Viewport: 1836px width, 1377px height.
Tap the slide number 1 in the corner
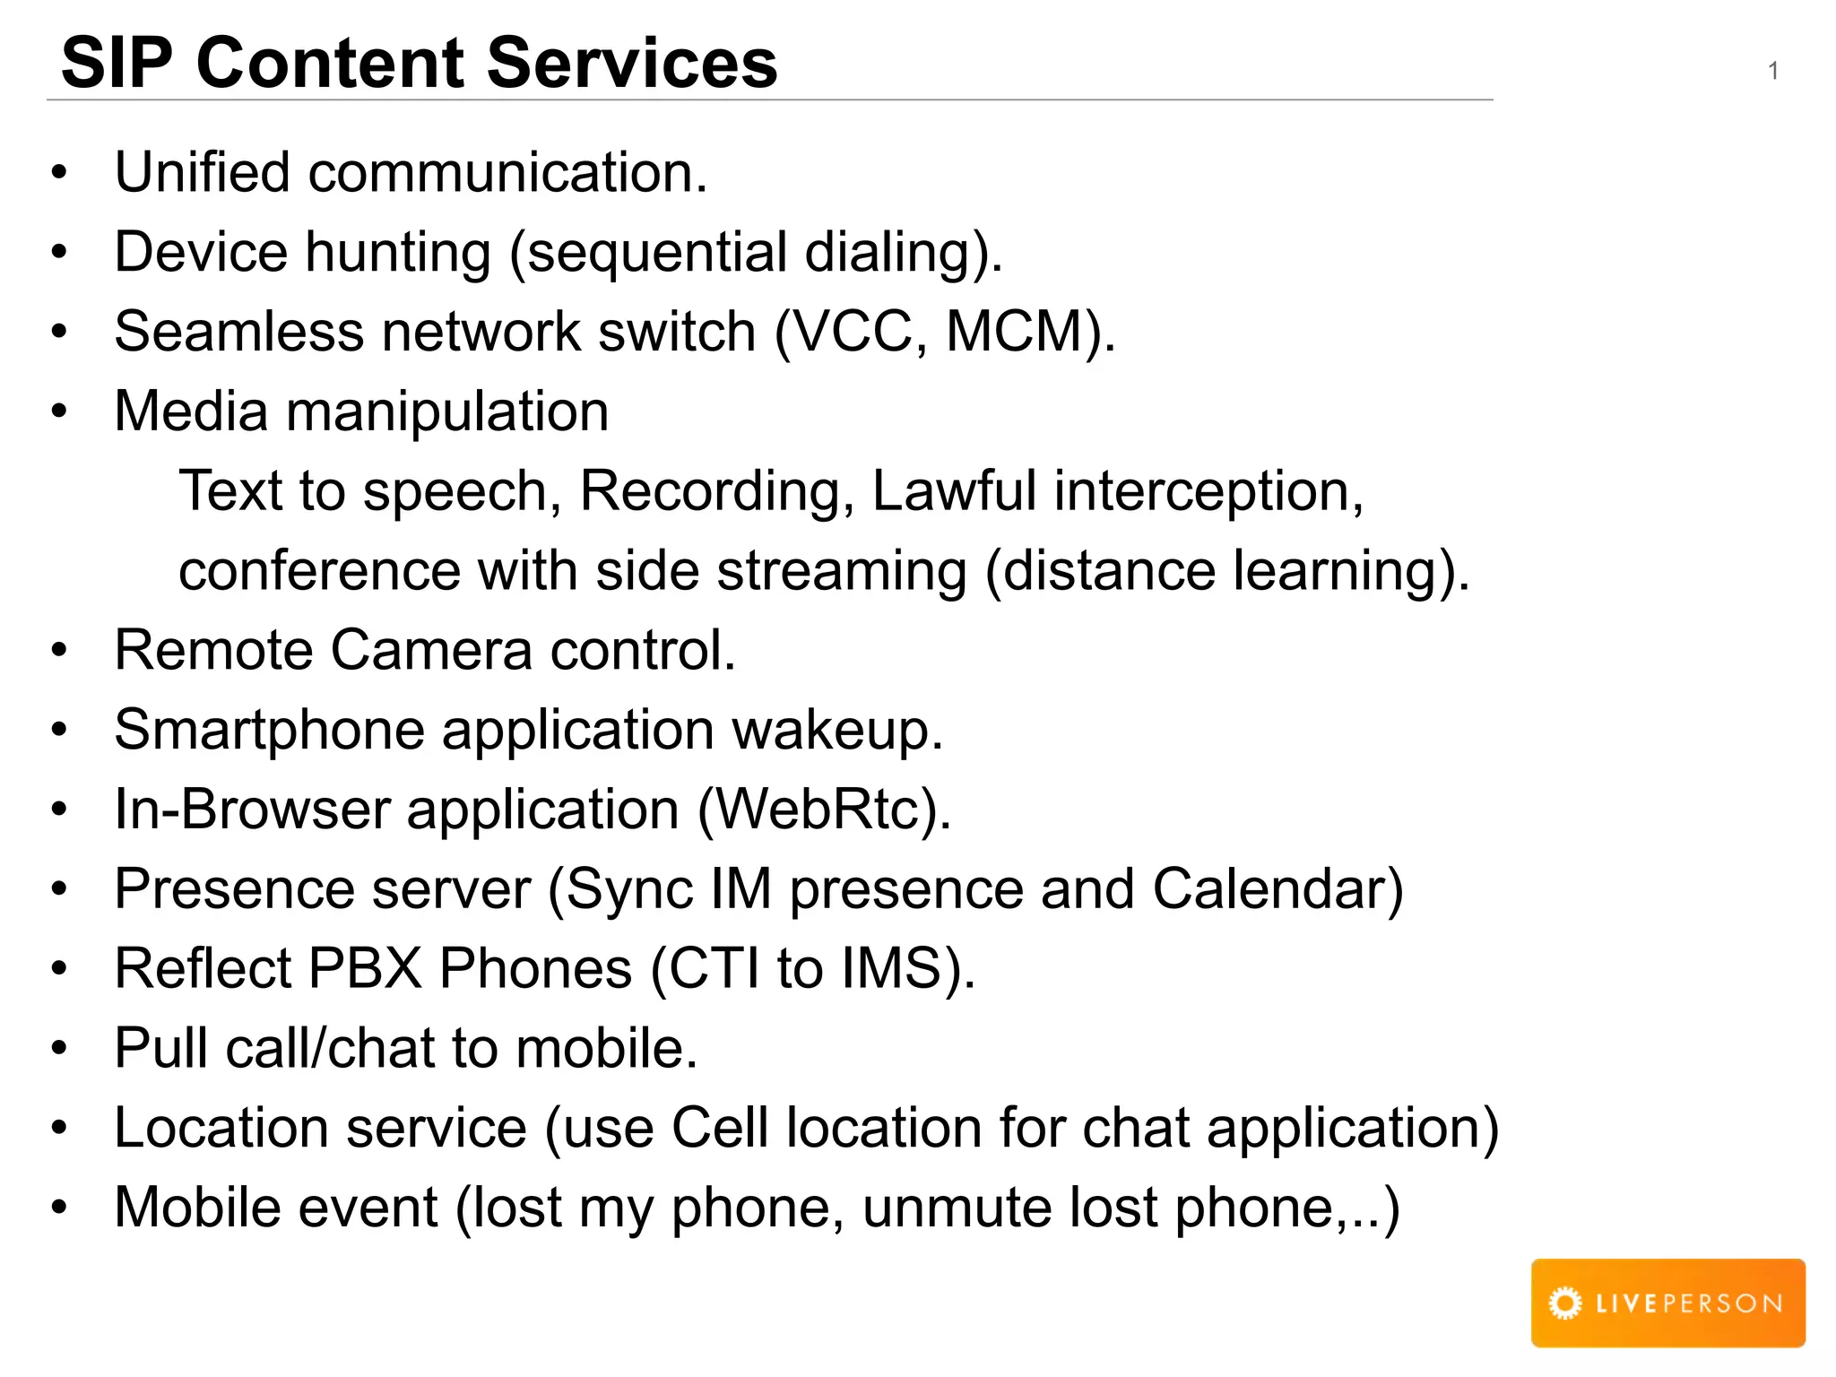(x=1772, y=71)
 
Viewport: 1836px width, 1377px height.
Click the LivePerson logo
(x=1667, y=1303)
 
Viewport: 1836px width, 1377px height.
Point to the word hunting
(x=398, y=252)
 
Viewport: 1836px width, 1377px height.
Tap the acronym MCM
(x=1015, y=332)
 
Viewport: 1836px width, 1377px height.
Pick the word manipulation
(x=446, y=411)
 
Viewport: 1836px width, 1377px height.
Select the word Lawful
(x=954, y=490)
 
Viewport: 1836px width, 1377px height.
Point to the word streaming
(x=842, y=572)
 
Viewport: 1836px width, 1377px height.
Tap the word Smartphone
(x=269, y=731)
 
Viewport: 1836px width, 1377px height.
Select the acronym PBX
(x=365, y=969)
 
